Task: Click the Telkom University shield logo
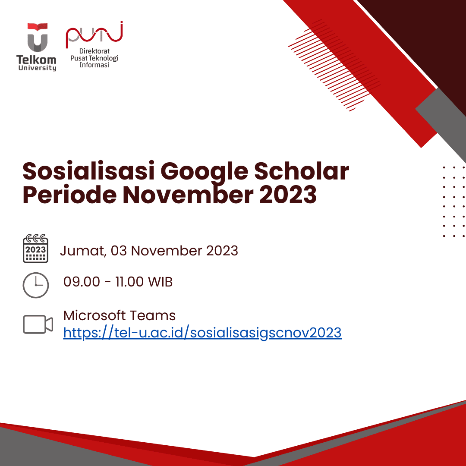[38, 38]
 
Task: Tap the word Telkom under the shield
[36, 60]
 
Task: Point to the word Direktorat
[94, 51]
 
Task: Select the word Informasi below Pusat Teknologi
[94, 65]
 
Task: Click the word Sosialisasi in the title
[88, 171]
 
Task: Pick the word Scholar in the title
[301, 171]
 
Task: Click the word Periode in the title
[69, 195]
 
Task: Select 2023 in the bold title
[288, 195]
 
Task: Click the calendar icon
[36, 249]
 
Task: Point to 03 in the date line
[119, 251]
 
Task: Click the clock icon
[36, 285]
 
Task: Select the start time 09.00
[82, 282]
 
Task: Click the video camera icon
[38, 324]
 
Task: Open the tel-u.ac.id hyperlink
[202, 333]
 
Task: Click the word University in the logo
[37, 68]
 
